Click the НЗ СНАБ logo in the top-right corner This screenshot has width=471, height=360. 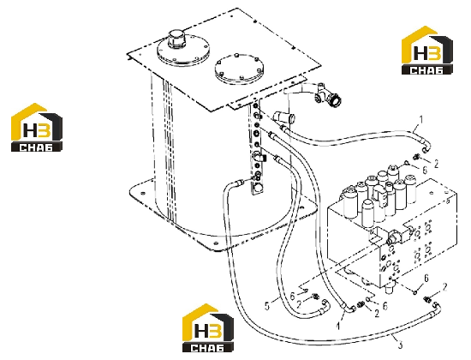point(426,51)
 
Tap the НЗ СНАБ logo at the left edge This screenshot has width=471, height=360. point(37,127)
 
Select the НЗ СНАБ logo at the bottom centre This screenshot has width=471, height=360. point(208,327)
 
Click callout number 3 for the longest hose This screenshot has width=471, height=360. point(400,345)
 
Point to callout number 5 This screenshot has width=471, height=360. point(267,306)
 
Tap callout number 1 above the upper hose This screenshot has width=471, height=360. point(421,120)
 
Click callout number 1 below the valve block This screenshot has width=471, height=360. point(338,326)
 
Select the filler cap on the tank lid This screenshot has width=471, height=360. point(176,39)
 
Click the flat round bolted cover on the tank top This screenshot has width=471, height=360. point(239,69)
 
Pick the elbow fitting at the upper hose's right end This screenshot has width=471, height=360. point(426,147)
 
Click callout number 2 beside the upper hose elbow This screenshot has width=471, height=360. point(436,164)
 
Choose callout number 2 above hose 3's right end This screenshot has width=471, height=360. point(444,287)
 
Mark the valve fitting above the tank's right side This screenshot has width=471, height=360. point(327,96)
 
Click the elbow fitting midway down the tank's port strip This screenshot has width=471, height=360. point(259,157)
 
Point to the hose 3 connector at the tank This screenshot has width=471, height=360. point(240,183)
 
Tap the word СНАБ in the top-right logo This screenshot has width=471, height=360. point(426,70)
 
